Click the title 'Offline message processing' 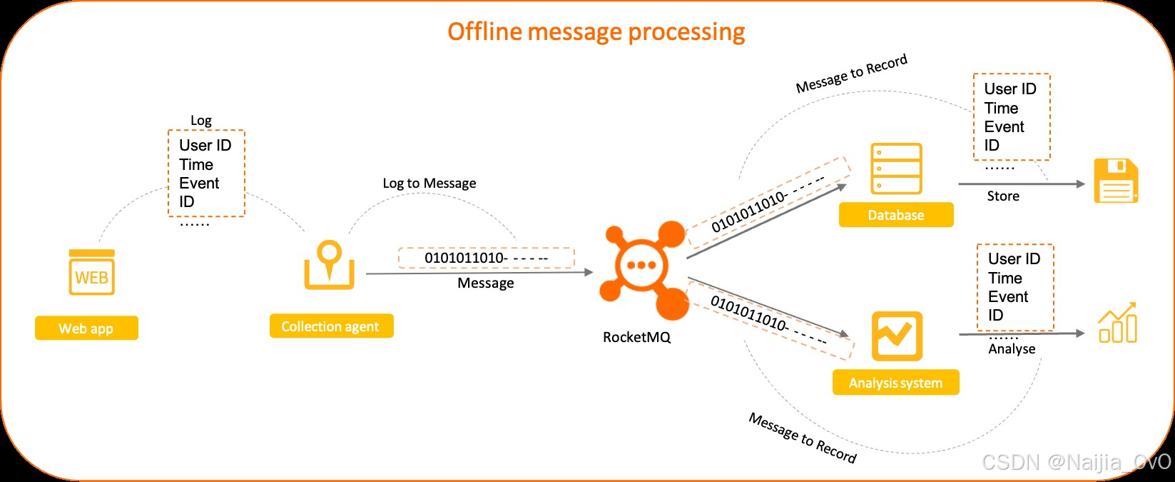click(x=596, y=32)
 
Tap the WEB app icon click(x=92, y=273)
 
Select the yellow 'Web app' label click(x=86, y=328)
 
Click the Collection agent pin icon click(x=329, y=265)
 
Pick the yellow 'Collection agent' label click(x=331, y=326)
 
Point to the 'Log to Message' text click(x=429, y=184)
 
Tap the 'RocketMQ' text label click(x=636, y=337)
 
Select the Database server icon click(x=896, y=169)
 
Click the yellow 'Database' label click(x=895, y=215)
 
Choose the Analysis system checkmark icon click(x=897, y=336)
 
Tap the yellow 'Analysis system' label click(x=895, y=383)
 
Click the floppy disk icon click(x=1115, y=181)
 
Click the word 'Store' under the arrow click(x=1002, y=196)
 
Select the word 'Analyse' click(x=1012, y=349)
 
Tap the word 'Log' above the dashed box click(x=200, y=121)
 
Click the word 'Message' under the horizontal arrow click(x=485, y=283)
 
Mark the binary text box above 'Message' click(x=486, y=258)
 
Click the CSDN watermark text click(x=1076, y=463)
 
